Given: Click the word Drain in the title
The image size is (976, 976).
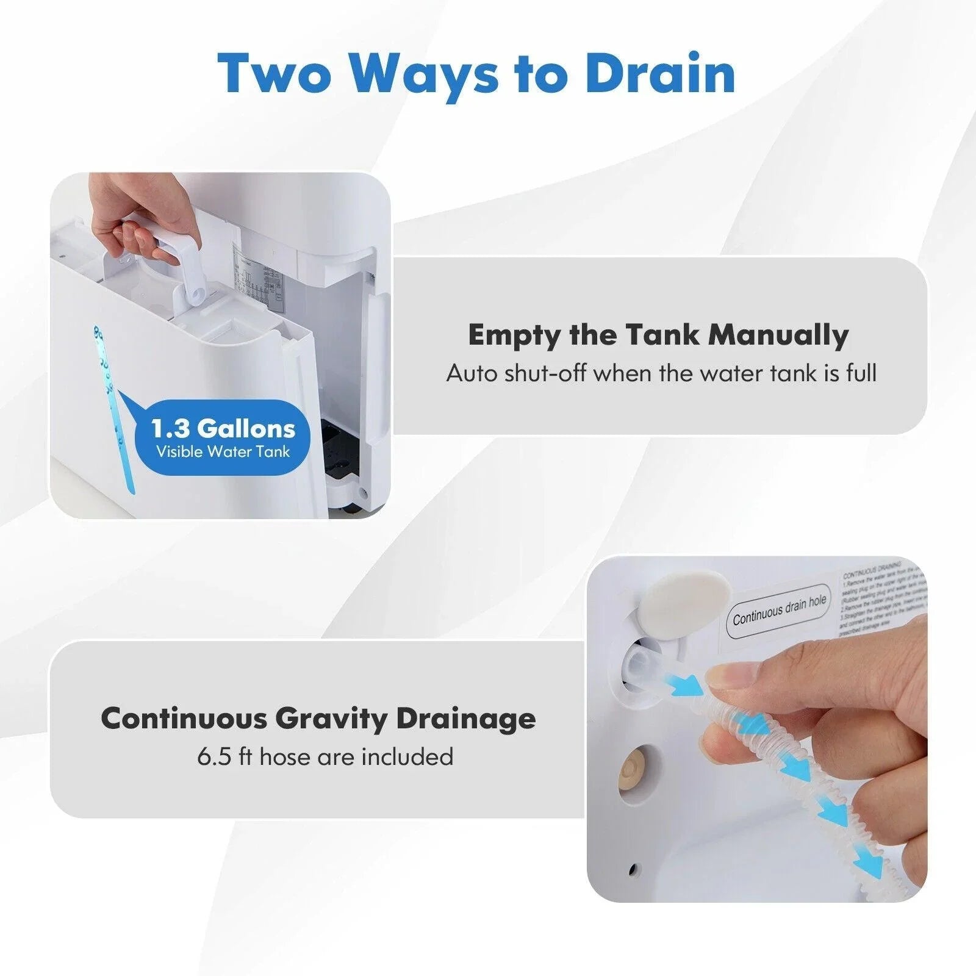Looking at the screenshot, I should tap(660, 73).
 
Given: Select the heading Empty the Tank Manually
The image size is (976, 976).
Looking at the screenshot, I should tap(658, 335).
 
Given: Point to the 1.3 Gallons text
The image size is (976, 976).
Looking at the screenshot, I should tap(223, 428).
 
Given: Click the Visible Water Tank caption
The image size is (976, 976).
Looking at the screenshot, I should tap(223, 452).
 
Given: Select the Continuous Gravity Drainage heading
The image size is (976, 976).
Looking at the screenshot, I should tap(318, 718).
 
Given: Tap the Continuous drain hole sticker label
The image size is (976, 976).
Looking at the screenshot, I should tap(779, 610).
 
